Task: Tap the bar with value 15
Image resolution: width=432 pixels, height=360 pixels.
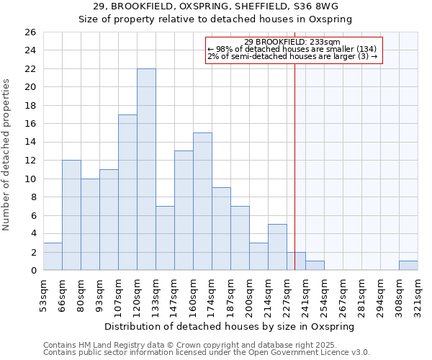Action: (202, 202)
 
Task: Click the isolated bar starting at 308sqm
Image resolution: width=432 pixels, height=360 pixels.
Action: (408, 266)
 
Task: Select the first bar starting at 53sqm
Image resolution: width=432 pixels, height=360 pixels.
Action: (53, 256)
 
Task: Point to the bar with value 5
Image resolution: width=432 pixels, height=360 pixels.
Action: (277, 247)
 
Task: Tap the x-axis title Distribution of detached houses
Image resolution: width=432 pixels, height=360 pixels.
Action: (230, 327)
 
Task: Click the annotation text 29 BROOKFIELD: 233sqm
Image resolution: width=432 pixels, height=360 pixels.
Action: (292, 42)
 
